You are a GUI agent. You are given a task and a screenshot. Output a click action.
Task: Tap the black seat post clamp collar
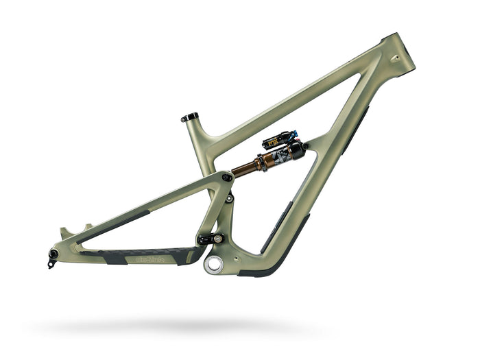point(190,117)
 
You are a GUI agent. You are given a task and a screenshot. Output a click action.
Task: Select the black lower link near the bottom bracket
point(210,239)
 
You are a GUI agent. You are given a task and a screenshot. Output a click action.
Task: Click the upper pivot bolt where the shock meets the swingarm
point(226,178)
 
